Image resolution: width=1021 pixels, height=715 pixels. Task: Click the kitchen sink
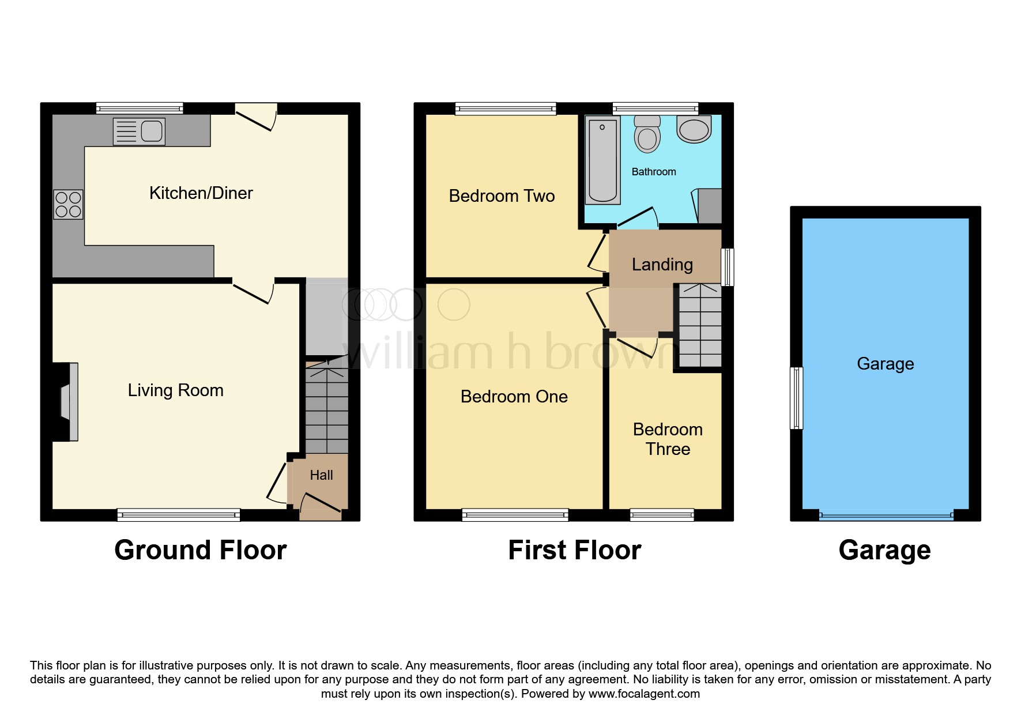pos(139,131)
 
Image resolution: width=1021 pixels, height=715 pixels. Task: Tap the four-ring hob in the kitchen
pos(69,205)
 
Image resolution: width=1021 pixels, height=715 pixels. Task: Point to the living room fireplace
pos(65,402)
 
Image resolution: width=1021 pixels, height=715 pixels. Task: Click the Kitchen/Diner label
pos(201,193)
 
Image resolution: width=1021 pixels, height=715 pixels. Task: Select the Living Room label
pos(175,390)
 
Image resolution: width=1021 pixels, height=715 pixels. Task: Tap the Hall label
pos(321,475)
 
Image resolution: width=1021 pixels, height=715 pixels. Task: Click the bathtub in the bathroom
pos(602,160)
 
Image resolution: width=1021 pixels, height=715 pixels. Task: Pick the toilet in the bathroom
pos(647,134)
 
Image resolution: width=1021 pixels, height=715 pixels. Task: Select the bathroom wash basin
pos(694,129)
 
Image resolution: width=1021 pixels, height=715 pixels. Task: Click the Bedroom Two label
pos(502,196)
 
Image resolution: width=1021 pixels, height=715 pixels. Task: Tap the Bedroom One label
pos(514,397)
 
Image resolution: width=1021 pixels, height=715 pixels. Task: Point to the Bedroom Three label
pos(668,439)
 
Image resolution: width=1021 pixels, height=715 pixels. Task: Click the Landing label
pos(662,265)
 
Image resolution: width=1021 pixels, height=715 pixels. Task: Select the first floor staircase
pos(700,325)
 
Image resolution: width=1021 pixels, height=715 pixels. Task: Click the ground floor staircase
pos(327,408)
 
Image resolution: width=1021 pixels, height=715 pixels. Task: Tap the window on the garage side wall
pos(796,398)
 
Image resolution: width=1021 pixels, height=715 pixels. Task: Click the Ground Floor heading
pos(201,550)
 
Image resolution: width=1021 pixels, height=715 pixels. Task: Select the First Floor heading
pos(575,550)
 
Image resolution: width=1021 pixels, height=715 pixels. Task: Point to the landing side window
pos(728,267)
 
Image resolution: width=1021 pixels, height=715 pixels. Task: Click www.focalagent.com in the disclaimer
pos(644,694)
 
